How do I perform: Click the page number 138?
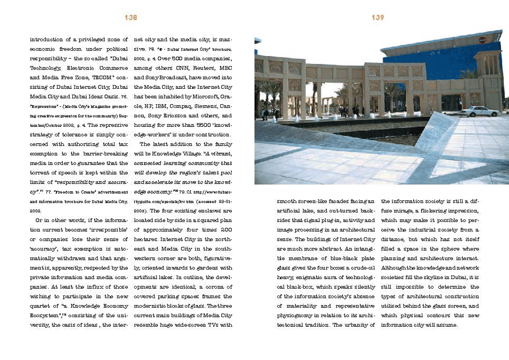pos(131,18)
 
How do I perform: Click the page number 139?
pos(378,18)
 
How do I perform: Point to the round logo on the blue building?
pos(482,40)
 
